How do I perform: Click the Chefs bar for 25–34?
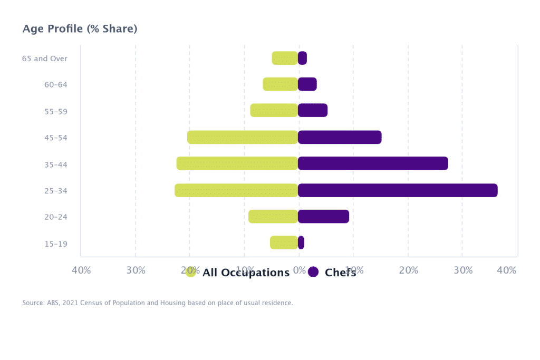coord(398,190)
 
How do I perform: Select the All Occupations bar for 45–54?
coord(243,137)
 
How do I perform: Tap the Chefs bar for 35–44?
coord(373,163)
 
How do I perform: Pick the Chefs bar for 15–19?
coord(301,242)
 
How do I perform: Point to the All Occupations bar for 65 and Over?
coord(285,58)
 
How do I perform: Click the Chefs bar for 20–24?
coord(323,216)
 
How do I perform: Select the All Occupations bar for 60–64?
coord(281,84)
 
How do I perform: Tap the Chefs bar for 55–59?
coord(313,110)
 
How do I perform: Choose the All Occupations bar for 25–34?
coord(236,190)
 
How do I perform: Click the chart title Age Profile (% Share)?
coord(80,28)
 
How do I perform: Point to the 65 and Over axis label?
coord(45,59)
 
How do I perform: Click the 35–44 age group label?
coord(56,164)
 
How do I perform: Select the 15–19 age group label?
coord(56,244)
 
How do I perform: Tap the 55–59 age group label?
coord(56,112)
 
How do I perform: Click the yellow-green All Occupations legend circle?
coord(191,272)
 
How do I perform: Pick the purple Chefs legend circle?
coord(313,272)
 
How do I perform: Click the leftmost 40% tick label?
coord(81,270)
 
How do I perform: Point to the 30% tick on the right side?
coord(463,270)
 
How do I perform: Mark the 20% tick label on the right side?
coord(409,270)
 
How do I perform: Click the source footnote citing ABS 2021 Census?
coord(157,303)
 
